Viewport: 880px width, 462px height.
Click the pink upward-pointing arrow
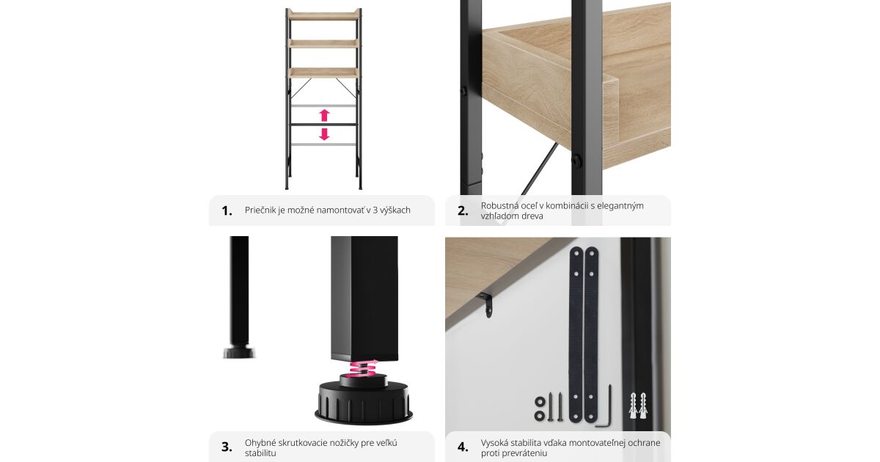pyautogui.click(x=324, y=115)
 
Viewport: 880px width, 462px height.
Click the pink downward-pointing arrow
pyautogui.click(x=324, y=134)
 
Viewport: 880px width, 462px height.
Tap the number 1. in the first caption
pyautogui.click(x=227, y=211)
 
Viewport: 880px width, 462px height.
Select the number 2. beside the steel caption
pyautogui.click(x=463, y=211)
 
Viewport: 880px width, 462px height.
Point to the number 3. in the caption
pyautogui.click(x=227, y=447)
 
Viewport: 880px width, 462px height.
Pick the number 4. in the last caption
pyautogui.click(x=463, y=447)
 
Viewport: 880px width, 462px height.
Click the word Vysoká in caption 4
pyautogui.click(x=494, y=443)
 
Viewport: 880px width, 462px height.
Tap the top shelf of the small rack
pyautogui.click(x=323, y=15)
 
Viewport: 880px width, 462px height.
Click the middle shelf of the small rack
pyautogui.click(x=323, y=43)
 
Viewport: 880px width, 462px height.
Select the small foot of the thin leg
pyautogui.click(x=239, y=351)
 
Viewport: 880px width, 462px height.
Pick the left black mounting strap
pyautogui.click(x=576, y=334)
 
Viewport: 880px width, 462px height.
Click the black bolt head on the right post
pyautogui.click(x=576, y=160)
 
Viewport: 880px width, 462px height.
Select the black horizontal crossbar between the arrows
pyautogui.click(x=324, y=125)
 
